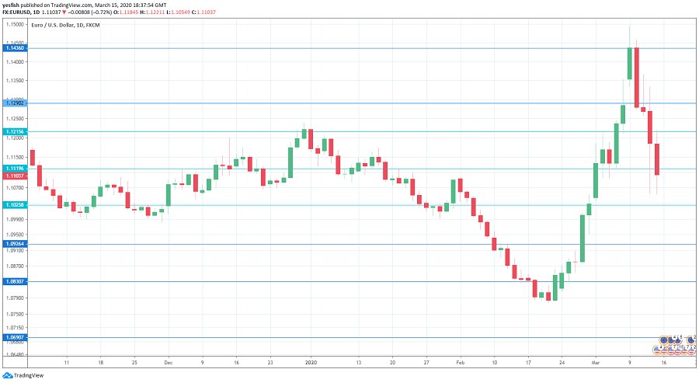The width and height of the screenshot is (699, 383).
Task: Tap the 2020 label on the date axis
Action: click(311, 363)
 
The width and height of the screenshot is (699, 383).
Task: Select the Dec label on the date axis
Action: click(169, 363)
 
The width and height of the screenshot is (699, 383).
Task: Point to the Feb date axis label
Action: click(460, 363)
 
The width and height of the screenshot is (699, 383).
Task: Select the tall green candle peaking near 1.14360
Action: click(629, 64)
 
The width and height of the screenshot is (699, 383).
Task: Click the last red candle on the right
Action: click(657, 159)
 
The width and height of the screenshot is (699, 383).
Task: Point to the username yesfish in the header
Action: click(13, 5)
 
